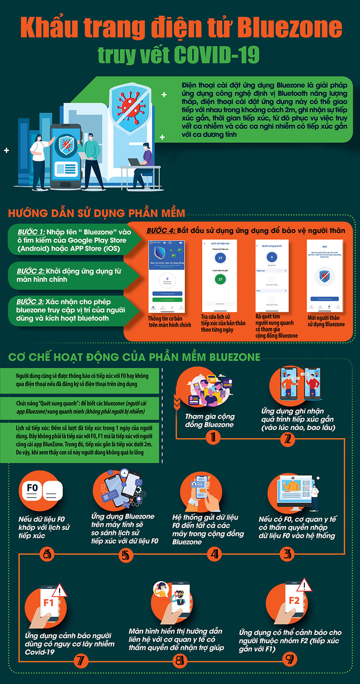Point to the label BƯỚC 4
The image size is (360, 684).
(x=162, y=230)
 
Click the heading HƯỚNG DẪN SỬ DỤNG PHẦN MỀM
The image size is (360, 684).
(x=97, y=214)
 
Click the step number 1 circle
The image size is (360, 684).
(x=213, y=437)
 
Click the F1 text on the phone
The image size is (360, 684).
(x=48, y=603)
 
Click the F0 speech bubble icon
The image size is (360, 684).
(x=33, y=488)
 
